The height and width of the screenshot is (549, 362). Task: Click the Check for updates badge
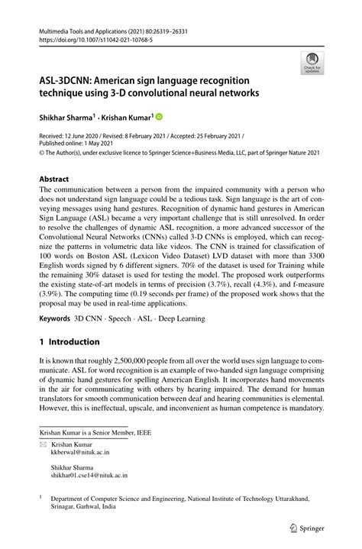(312, 63)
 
